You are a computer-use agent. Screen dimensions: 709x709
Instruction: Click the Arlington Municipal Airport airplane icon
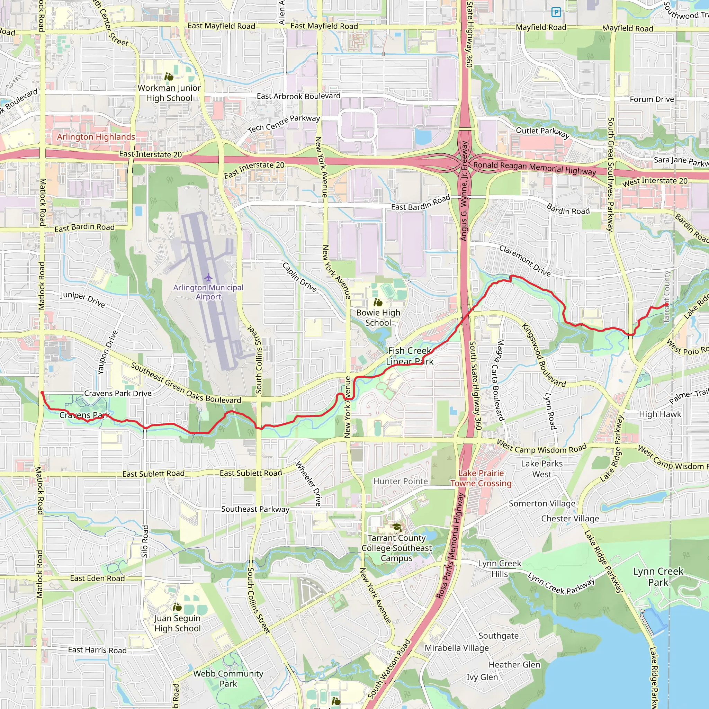[x=208, y=277]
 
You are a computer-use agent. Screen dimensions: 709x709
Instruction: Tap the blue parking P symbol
[x=556, y=12]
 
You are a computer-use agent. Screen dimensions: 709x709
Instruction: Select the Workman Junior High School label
[x=169, y=93]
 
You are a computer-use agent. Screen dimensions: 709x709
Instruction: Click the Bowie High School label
[x=378, y=318]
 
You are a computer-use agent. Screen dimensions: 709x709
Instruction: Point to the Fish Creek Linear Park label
[x=410, y=356]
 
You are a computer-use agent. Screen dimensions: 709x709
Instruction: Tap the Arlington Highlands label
[x=96, y=137]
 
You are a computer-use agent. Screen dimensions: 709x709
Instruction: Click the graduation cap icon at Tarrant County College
[x=397, y=527]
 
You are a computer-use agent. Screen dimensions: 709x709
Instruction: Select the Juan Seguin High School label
[x=178, y=623]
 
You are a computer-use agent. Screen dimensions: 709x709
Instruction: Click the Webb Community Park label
[x=228, y=679]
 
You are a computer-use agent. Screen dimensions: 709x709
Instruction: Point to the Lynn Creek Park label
[x=658, y=576]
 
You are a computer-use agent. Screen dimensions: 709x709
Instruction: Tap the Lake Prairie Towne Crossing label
[x=481, y=478]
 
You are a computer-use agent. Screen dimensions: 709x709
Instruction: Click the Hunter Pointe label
[x=401, y=481]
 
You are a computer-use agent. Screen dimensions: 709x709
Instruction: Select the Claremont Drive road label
[x=525, y=261]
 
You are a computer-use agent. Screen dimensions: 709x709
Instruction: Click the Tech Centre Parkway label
[x=284, y=124]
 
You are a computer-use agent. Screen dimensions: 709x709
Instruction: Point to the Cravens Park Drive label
[x=118, y=393]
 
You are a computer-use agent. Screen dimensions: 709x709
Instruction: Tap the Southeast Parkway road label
[x=255, y=509]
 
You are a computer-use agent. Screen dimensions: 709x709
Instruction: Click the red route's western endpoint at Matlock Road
[x=42, y=393]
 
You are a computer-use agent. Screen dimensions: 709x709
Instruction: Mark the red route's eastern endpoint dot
[x=667, y=304]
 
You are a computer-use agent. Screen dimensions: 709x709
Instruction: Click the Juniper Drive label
[x=83, y=299]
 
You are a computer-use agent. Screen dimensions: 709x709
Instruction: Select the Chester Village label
[x=570, y=519]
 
